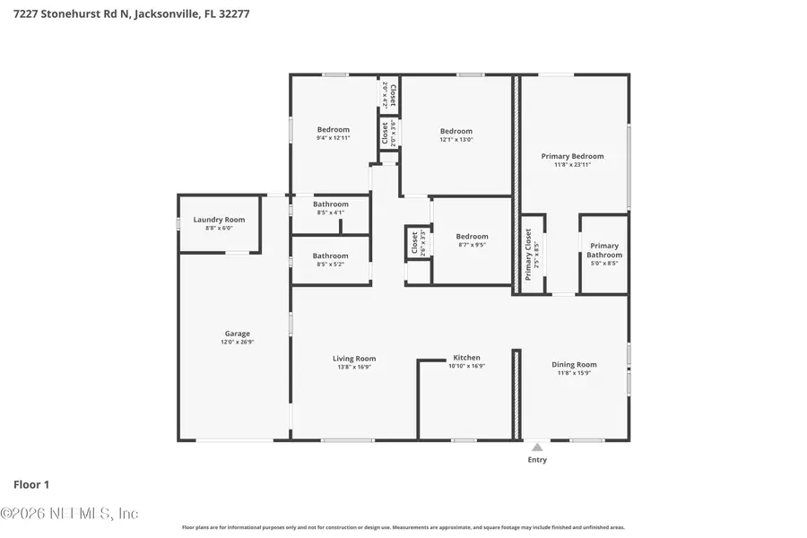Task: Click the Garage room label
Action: tap(237, 334)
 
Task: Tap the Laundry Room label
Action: tap(219, 220)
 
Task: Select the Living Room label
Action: tap(354, 359)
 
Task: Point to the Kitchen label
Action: tap(466, 358)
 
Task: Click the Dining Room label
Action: tap(574, 365)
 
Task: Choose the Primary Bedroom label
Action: tap(572, 156)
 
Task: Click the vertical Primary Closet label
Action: tap(528, 255)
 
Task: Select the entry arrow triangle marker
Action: tap(537, 447)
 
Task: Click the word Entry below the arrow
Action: tap(537, 460)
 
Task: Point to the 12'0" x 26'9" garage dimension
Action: tap(237, 343)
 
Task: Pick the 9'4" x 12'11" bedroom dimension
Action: tap(333, 138)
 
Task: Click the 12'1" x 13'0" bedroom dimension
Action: tap(456, 140)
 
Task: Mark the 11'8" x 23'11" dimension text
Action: tap(572, 165)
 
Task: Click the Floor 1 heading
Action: tap(31, 485)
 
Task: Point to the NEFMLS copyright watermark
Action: tap(69, 514)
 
